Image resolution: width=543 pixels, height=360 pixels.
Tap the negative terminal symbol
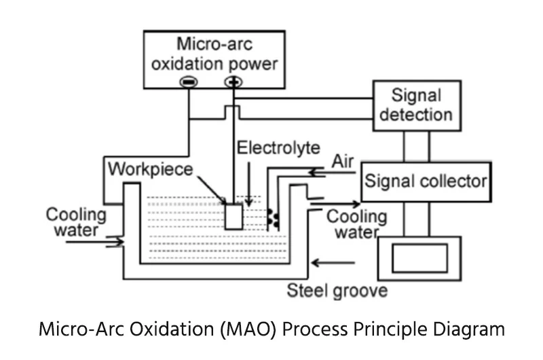click(x=188, y=82)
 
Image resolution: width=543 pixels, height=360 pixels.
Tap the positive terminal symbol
click(x=233, y=82)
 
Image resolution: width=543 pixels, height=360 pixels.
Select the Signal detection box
click(x=416, y=105)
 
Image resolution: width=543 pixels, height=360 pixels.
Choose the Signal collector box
click(x=426, y=181)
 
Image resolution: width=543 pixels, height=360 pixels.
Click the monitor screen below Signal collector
click(x=419, y=258)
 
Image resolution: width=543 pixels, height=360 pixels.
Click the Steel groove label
click(x=337, y=291)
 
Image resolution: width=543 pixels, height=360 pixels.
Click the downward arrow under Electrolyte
click(x=249, y=183)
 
